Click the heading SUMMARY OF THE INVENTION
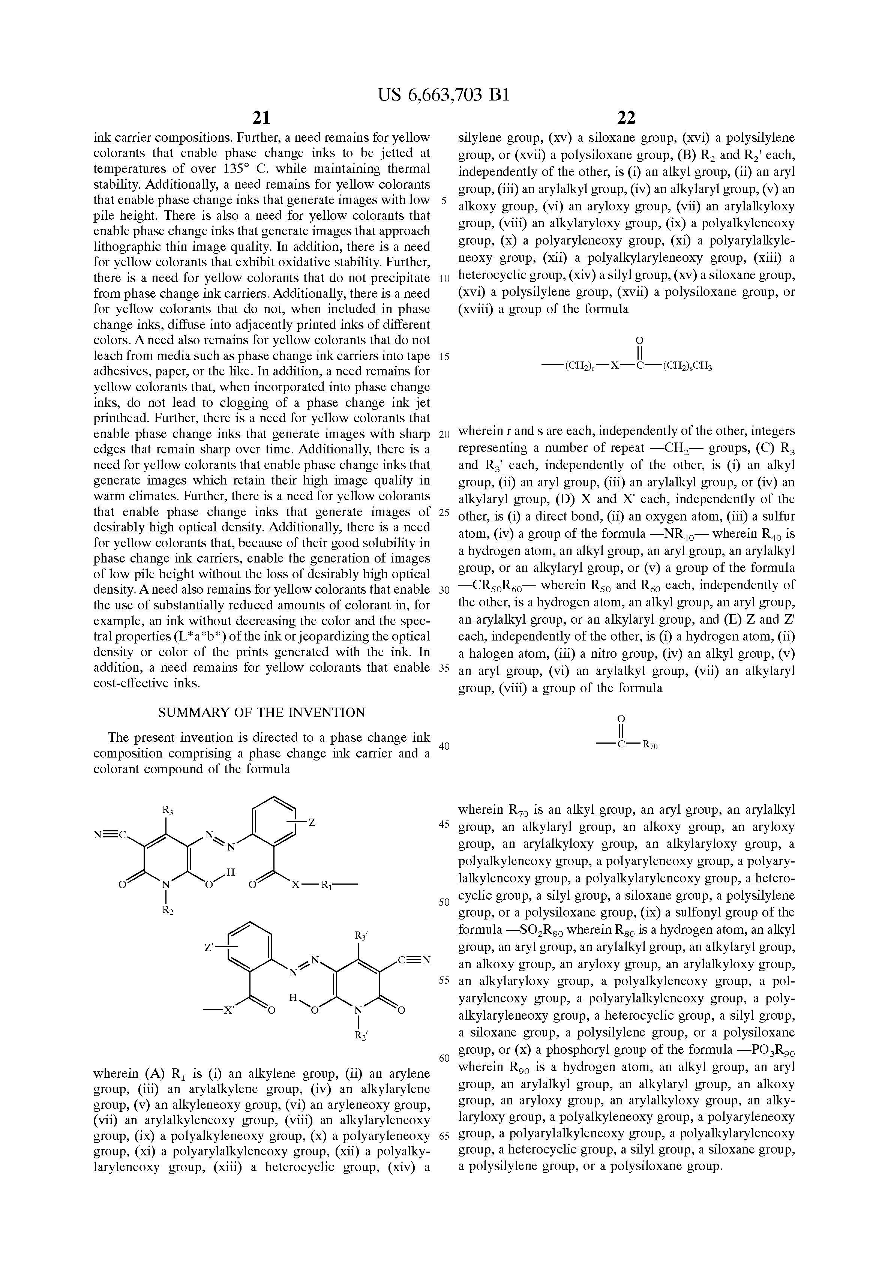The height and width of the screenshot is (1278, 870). tap(261, 713)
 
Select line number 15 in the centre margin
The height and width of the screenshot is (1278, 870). tap(444, 356)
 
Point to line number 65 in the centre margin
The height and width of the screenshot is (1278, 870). tap(444, 1136)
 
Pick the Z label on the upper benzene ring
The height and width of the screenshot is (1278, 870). tap(312, 822)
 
